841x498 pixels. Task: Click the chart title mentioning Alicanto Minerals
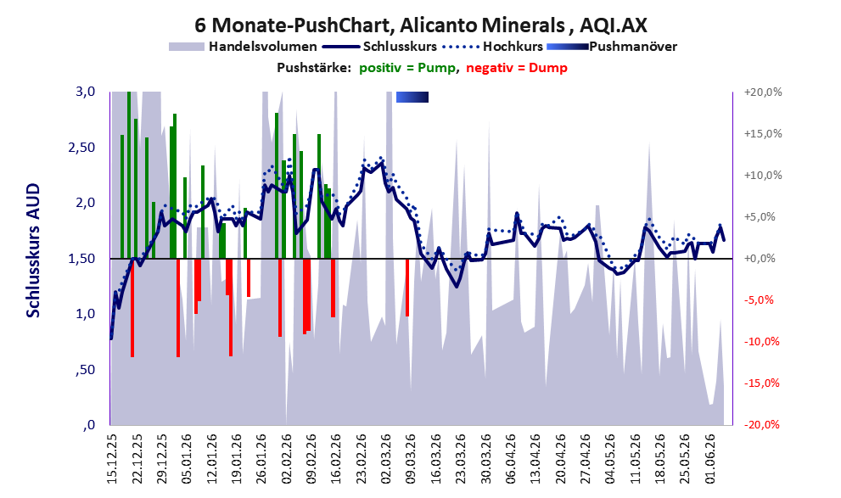pos(421,25)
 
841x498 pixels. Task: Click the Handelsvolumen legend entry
pos(243,47)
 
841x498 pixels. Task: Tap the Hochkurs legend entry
pos(492,47)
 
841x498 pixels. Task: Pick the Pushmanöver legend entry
pos(612,47)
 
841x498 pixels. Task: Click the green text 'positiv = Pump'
pos(407,68)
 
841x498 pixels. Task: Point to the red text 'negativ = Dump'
pos(517,68)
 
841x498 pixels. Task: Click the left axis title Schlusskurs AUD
pos(33,250)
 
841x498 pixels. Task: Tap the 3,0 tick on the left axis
pos(85,92)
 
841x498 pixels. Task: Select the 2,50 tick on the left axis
pos(81,148)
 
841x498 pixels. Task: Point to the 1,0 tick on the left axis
pos(85,314)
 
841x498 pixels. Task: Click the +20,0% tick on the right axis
pos(763,92)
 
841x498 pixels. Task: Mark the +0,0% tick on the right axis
pos(760,259)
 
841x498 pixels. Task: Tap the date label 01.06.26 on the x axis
pos(709,458)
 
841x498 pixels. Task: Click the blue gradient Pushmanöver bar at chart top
pos(412,97)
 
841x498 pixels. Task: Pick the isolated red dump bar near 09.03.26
pos(407,288)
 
